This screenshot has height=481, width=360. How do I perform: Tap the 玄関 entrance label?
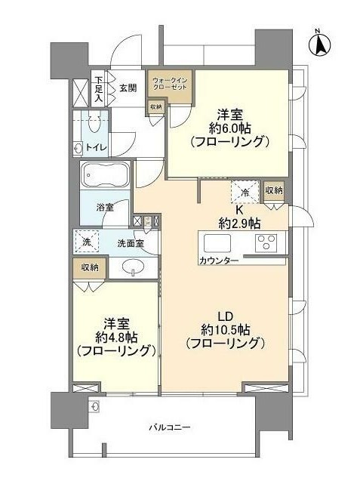(128, 88)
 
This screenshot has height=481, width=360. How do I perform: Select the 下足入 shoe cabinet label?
(98, 89)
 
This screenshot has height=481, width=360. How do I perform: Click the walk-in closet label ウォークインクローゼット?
(170, 84)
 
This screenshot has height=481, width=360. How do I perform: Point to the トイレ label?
(97, 147)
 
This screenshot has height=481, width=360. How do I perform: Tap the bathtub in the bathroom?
(105, 175)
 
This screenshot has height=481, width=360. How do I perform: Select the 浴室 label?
(105, 208)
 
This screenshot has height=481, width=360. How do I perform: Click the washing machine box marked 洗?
(87, 242)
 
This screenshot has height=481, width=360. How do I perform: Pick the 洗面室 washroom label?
(131, 244)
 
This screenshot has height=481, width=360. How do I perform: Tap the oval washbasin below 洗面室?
(134, 266)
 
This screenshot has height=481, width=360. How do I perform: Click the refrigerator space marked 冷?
(245, 192)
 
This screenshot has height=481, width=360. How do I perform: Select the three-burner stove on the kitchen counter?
(266, 243)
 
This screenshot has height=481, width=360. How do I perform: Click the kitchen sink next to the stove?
(217, 243)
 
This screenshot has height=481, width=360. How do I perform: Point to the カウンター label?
(219, 261)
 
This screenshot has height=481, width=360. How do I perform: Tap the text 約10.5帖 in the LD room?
(226, 330)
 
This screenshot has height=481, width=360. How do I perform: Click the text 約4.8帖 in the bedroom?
(116, 338)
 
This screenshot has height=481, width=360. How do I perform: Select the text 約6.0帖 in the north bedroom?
(230, 128)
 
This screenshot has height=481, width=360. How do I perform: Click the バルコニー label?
(170, 427)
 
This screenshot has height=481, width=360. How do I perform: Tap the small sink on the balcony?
(94, 406)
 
